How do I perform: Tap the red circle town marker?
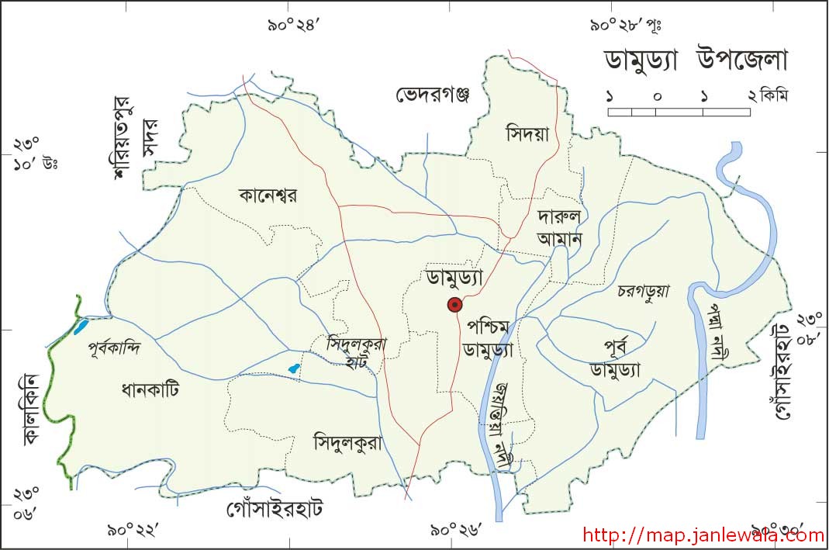[454, 305]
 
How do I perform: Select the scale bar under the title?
[679, 112]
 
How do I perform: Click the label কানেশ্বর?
[268, 195]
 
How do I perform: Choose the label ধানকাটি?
[150, 389]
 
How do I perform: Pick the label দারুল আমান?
[559, 227]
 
